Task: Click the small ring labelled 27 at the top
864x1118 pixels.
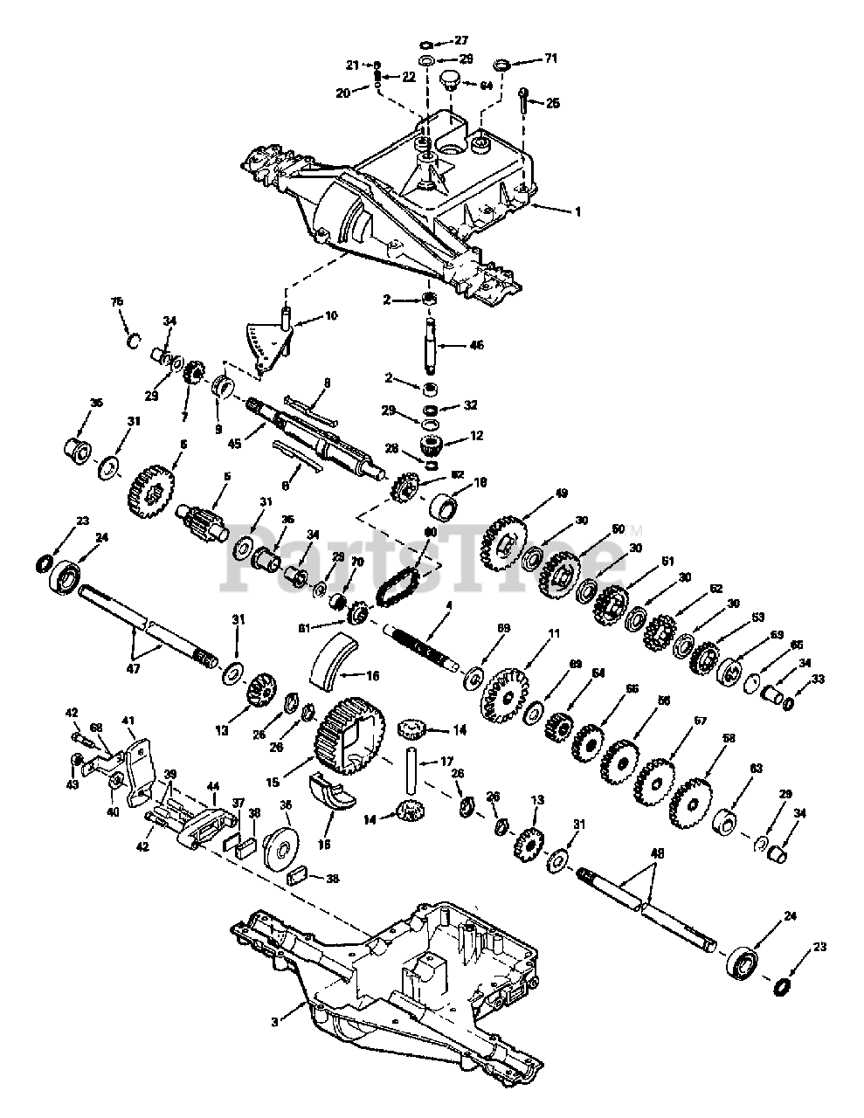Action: point(425,44)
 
